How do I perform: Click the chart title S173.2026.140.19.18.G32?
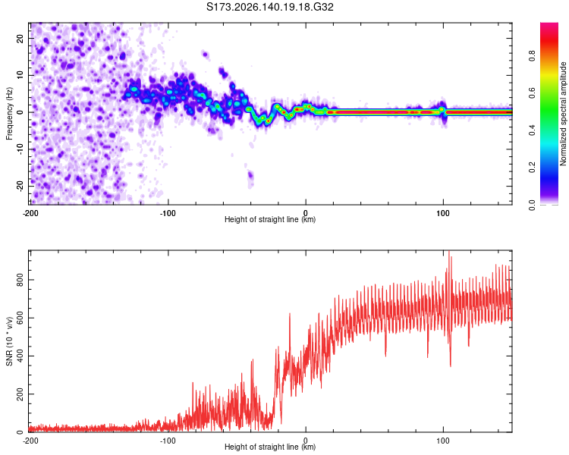pos(269,7)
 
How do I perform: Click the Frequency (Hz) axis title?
pos(9,114)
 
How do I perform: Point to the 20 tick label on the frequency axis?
pos(20,39)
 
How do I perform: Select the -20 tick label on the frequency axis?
pos(20,186)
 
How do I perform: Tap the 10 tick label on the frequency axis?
pos(20,75)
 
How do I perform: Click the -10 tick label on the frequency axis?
pos(20,149)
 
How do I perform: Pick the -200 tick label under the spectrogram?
pos(30,213)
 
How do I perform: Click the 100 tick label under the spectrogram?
pos(443,213)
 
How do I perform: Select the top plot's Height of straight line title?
pos(270,219)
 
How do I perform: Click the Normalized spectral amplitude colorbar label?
pos(563,114)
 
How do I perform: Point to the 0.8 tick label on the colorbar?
pos(533,56)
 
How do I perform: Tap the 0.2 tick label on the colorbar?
pos(533,168)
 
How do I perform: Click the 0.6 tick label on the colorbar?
pos(533,93)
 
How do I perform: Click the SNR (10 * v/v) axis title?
pos(9,341)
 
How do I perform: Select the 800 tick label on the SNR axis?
pos(20,280)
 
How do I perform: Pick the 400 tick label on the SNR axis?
pos(20,356)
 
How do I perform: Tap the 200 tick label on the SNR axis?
pos(20,394)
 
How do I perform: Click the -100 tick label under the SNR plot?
pos(168,441)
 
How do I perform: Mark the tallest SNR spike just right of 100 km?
pos(449,252)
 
